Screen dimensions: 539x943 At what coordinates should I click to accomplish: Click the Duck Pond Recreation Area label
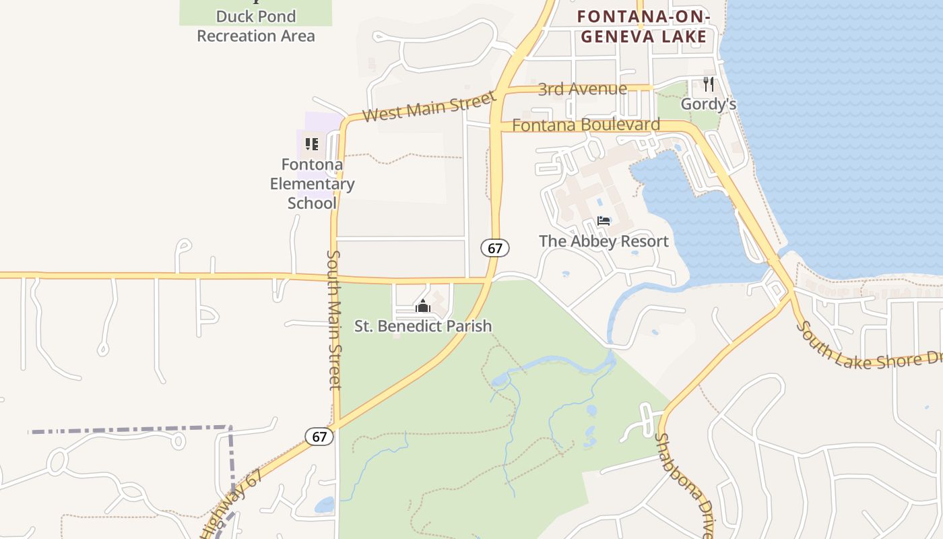point(256,26)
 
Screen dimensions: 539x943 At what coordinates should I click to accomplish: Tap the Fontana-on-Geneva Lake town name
point(644,26)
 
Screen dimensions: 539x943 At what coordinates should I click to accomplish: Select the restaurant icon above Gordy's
point(708,84)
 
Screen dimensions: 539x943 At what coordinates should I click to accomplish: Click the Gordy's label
point(708,104)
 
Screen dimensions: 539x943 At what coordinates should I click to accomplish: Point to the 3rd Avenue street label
point(582,89)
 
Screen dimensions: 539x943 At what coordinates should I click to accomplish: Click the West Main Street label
point(429,107)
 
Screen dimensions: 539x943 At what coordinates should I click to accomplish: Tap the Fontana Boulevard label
point(586,125)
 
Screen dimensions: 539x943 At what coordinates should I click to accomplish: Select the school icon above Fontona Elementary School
point(311,144)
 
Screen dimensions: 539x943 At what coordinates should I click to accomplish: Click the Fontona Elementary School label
point(312,183)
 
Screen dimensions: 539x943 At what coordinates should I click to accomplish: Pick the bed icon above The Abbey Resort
point(604,221)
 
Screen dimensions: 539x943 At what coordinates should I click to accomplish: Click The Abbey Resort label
point(604,241)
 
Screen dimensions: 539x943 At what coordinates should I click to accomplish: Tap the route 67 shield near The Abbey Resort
point(495,248)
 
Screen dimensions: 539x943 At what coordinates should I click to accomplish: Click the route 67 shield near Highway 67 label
point(319,437)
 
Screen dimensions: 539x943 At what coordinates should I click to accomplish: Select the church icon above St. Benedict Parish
point(423,307)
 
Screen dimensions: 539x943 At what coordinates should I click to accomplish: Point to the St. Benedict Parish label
point(423,326)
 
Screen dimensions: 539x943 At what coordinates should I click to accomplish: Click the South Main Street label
point(335,319)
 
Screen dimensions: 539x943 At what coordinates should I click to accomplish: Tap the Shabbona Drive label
point(682,485)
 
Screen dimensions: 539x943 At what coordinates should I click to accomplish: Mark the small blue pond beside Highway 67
point(324,505)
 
